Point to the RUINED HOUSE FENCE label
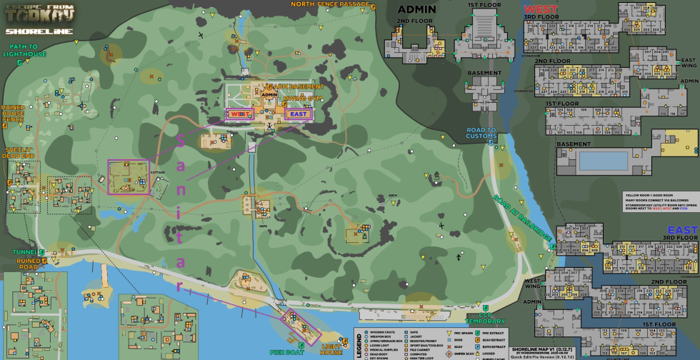[14, 113]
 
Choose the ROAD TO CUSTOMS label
[481, 133]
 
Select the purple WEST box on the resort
[239, 114]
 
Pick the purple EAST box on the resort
[297, 113]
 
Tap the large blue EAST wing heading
[682, 230]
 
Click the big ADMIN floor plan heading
[416, 9]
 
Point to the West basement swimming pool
[604, 160]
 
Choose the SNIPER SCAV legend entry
[430, 354]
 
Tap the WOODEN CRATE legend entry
[381, 332]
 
